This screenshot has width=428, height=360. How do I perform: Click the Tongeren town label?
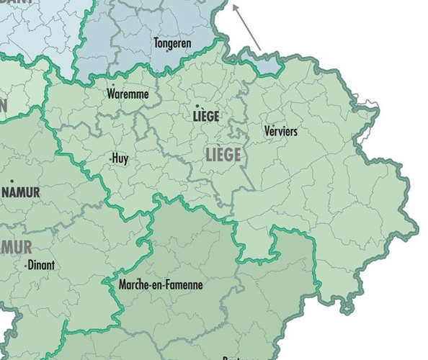(x=172, y=43)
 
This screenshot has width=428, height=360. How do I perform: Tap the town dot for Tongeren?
(x=167, y=51)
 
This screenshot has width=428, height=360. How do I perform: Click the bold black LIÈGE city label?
(x=207, y=116)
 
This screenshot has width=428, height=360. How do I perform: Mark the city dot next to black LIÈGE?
(x=197, y=107)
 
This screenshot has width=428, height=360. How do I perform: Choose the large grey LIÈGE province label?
(x=223, y=155)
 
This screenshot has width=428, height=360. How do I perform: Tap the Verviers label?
(x=281, y=131)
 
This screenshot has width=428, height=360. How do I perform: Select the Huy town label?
(x=120, y=158)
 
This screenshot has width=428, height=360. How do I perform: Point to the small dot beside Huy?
(x=110, y=158)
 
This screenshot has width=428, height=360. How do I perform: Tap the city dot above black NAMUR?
(x=12, y=181)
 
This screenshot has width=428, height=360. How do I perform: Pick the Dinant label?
(x=41, y=265)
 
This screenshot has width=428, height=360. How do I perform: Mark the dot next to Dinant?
(x=26, y=266)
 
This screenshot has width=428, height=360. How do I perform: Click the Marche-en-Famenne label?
(x=161, y=285)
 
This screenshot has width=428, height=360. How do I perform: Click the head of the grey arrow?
(x=234, y=6)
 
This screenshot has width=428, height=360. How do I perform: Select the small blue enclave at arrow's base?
(x=268, y=65)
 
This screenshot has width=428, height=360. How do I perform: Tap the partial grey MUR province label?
(x=16, y=248)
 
